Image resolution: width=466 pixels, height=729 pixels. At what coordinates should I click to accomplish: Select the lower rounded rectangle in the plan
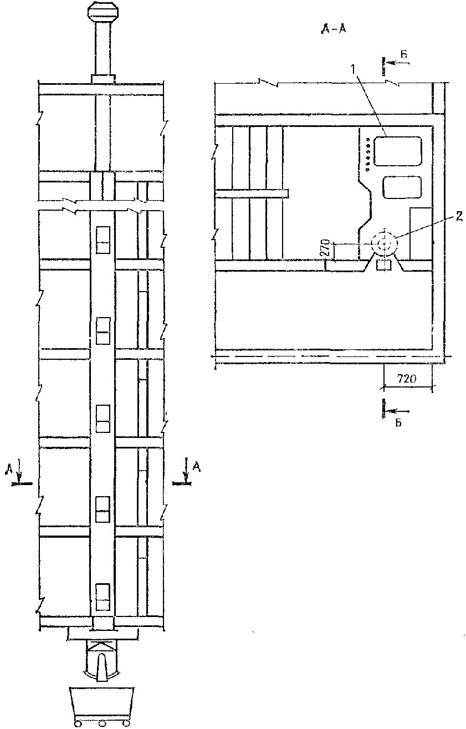402,188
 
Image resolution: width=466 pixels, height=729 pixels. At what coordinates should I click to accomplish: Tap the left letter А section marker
10,470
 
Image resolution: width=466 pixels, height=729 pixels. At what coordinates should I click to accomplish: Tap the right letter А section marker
196,469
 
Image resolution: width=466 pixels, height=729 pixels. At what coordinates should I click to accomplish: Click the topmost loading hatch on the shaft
103,239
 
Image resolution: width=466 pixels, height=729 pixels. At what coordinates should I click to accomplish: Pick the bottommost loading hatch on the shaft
103,597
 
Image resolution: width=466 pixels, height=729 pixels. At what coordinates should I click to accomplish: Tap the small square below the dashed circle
383,265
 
